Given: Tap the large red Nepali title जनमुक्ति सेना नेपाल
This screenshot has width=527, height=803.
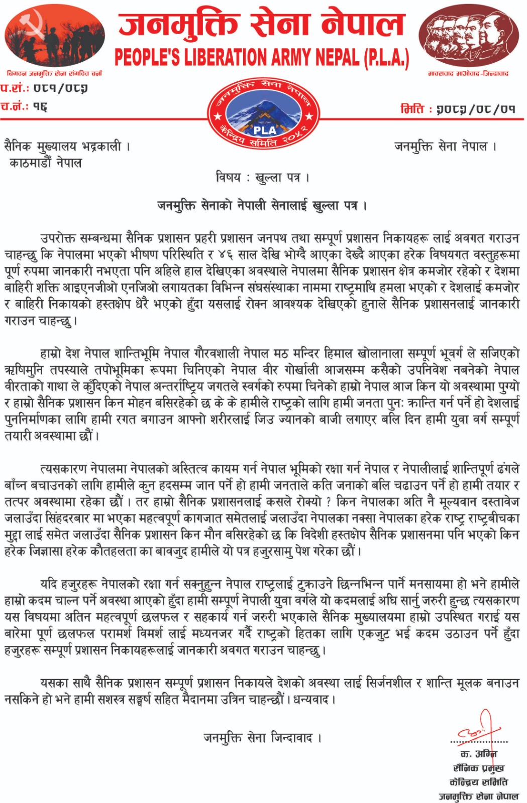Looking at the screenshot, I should tap(261, 25).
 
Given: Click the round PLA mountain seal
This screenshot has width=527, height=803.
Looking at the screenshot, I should tap(264, 115).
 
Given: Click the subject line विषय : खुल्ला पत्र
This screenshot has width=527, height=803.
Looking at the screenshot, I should tap(262, 177).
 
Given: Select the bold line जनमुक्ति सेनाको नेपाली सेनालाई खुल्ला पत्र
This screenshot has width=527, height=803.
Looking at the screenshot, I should tap(262, 205).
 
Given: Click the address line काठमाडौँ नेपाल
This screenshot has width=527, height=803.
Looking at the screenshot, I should tap(45, 163).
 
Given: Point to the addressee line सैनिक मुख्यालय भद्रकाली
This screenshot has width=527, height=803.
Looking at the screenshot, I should tap(67, 147).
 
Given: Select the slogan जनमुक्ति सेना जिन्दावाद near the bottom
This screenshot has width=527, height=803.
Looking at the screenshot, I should tap(262, 737).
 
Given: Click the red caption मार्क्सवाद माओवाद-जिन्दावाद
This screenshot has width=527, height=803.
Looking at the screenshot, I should tap(468, 74).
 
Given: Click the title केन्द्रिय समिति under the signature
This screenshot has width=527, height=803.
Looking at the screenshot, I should tap(478, 782).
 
